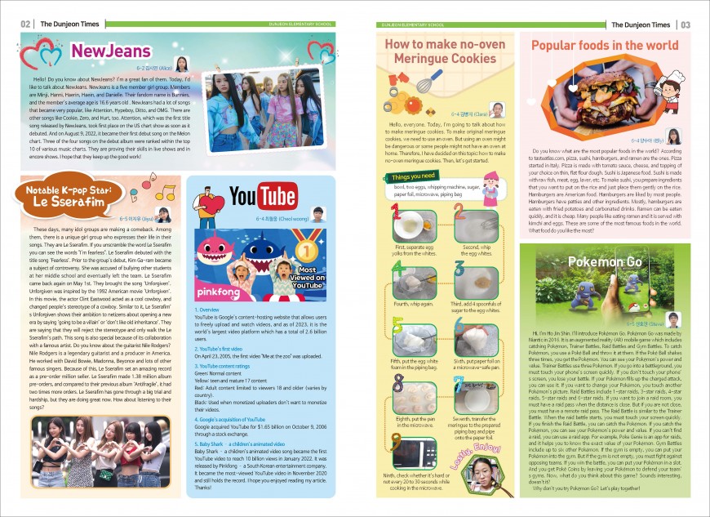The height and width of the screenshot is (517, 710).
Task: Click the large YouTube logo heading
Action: (x=263, y=197)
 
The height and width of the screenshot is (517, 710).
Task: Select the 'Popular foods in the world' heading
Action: (x=605, y=46)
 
